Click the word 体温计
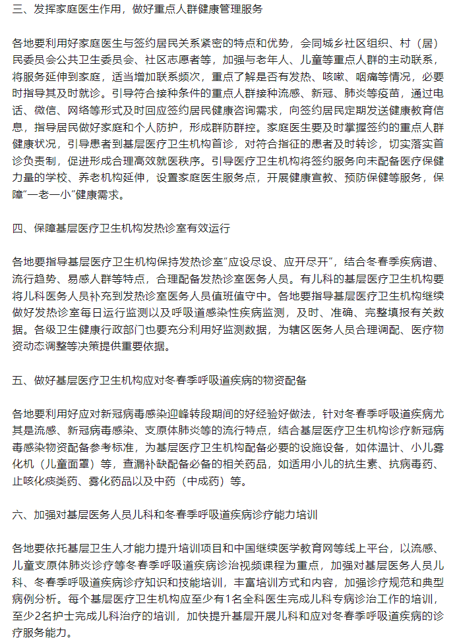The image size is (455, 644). (383, 447)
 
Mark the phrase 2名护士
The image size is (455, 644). (55, 617)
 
